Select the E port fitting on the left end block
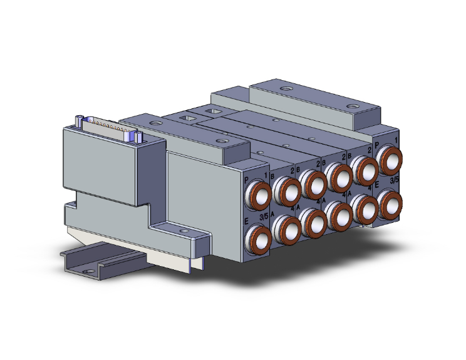[258, 239]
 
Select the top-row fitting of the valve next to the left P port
[287, 190]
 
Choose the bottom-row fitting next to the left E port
[289, 230]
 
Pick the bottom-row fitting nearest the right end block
[364, 207]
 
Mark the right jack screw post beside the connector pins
[136, 136]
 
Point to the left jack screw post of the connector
[79, 121]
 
